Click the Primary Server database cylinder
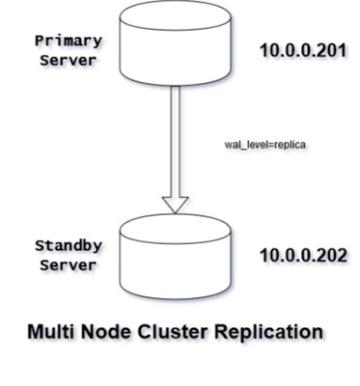(175, 43)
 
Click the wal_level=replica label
(264, 145)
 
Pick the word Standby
(68, 245)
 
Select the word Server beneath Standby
(68, 263)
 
